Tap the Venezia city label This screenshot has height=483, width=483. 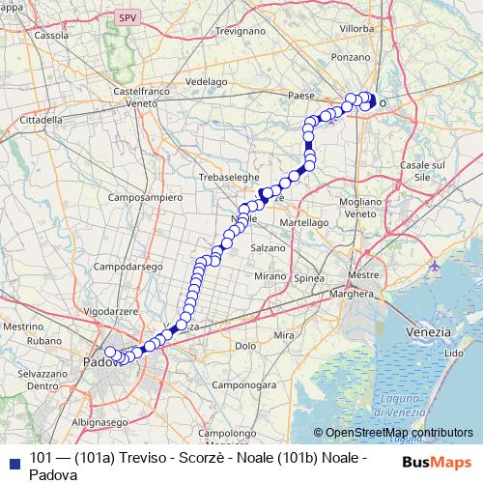point(428,331)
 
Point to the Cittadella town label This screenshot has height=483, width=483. point(41,120)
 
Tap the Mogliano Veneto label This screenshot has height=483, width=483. point(359,206)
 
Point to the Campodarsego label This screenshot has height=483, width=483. point(127,266)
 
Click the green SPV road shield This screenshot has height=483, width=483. point(125,18)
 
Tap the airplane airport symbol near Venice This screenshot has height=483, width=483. point(434,265)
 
